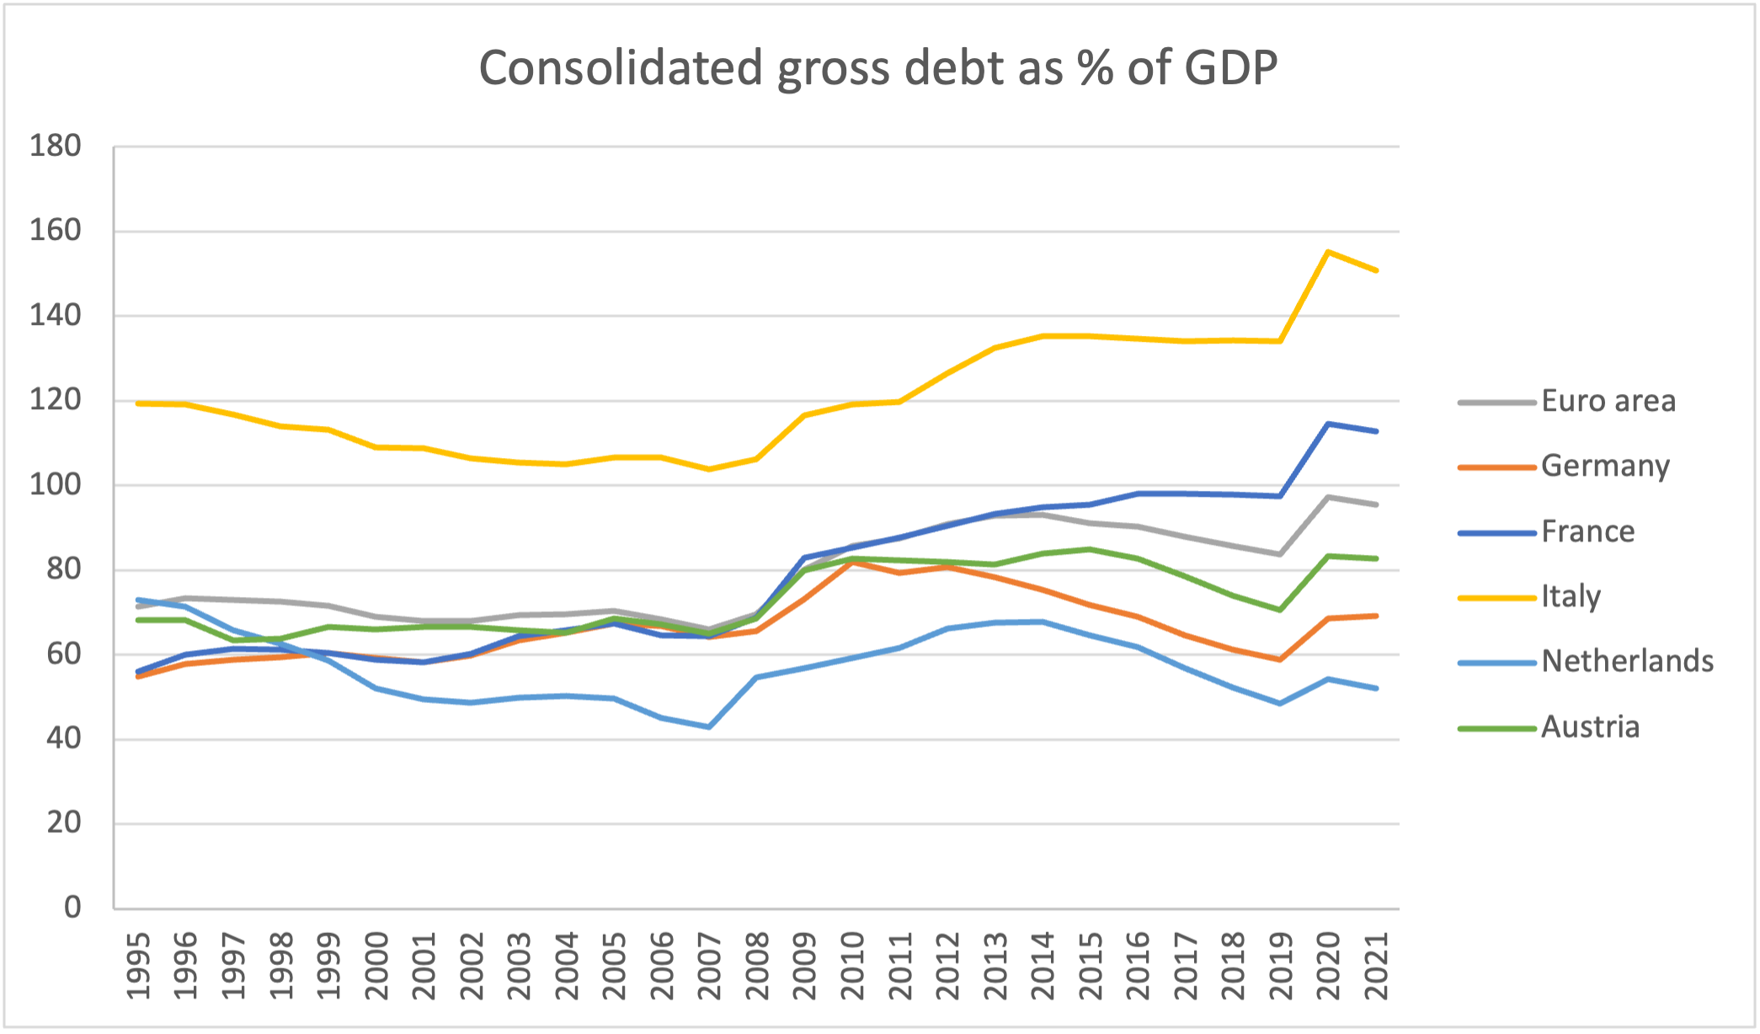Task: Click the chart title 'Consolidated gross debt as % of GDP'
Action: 878,68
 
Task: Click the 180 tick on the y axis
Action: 56,147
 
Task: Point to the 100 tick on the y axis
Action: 56,485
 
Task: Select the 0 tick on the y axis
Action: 72,908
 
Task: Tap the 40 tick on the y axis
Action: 64,739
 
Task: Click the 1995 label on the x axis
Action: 138,966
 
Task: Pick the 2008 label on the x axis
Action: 756,966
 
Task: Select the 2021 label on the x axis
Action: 1376,966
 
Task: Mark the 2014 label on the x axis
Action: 1043,966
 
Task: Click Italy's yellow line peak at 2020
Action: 1328,252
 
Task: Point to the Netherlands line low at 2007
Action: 709,727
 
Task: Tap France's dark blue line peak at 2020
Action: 1328,424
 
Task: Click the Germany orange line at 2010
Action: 852,562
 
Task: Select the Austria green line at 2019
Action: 1280,610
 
